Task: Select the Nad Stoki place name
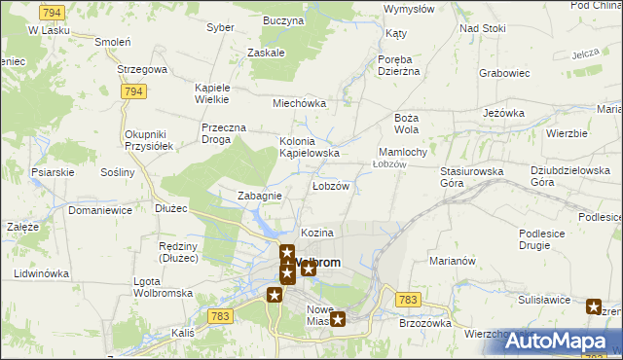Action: [x=483, y=28]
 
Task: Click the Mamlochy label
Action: [x=402, y=152]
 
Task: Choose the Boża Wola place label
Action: [x=406, y=123]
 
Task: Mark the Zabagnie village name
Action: [x=260, y=196]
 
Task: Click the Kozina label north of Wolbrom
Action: [x=317, y=234]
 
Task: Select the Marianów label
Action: [x=451, y=261]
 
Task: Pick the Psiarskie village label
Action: [x=53, y=172]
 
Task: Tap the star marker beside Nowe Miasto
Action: [x=338, y=318]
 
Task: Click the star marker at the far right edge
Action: [x=594, y=307]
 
